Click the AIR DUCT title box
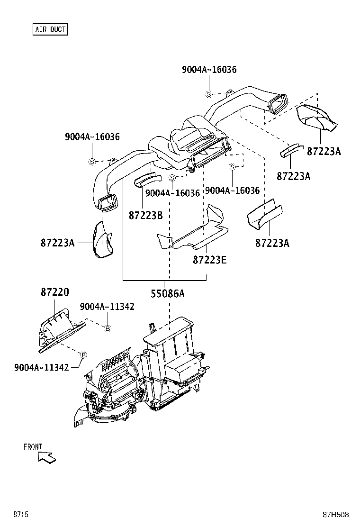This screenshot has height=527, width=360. point(50,29)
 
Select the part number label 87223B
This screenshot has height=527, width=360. point(145,215)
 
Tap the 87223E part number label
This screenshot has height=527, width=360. point(209,260)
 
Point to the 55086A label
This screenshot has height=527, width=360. point(168,294)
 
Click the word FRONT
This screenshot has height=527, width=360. point(33,446)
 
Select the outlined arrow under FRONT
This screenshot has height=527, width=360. point(46,457)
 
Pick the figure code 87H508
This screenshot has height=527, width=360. point(336,515)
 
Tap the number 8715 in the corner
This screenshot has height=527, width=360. point(20,515)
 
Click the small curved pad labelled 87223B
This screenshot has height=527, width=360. point(147,180)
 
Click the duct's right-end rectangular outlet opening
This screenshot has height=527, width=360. point(279,104)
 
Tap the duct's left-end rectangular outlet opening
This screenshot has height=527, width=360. point(108,203)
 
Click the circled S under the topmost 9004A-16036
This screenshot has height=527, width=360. point(208,93)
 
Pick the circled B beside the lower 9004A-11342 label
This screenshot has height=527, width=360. point(83,354)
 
